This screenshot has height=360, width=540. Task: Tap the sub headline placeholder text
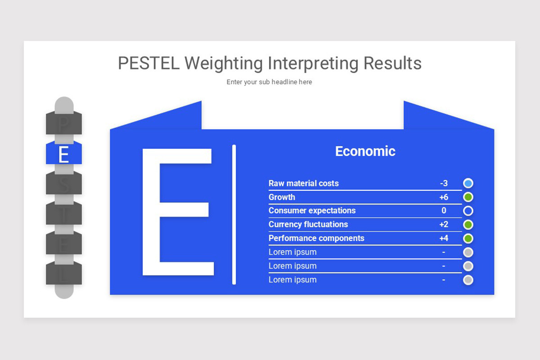269,82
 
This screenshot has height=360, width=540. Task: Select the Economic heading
365,151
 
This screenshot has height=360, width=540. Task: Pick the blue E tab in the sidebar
64,154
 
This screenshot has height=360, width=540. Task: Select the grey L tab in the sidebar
64,274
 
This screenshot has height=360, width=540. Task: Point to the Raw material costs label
303,183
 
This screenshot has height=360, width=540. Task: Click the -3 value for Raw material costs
444,183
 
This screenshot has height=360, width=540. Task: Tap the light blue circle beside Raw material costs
468,183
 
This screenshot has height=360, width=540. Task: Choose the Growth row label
282,197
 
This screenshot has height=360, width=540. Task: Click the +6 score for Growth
444,197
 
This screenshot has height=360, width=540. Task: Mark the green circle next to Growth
468,197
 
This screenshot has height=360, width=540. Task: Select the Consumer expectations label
312,211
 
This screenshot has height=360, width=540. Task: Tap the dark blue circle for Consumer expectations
468,211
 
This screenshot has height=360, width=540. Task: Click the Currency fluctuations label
308,224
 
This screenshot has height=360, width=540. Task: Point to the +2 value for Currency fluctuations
444,224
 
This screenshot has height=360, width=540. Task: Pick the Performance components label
316,238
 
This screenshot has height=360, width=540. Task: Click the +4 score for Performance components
444,238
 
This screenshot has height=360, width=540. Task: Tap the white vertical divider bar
234,214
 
